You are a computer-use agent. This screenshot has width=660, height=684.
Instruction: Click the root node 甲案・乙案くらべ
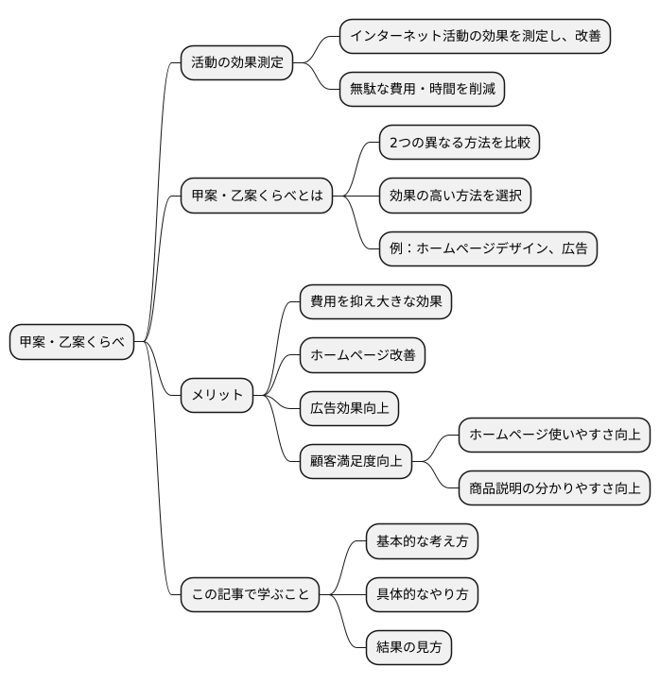click(x=72, y=342)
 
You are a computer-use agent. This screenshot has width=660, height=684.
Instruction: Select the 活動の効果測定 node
click(x=236, y=62)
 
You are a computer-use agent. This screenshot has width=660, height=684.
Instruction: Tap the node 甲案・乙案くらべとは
click(x=257, y=197)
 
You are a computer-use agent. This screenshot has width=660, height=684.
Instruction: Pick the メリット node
click(x=217, y=395)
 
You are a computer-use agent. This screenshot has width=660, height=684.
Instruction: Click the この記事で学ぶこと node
click(x=250, y=595)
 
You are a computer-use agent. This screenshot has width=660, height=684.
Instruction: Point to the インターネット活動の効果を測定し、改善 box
click(x=475, y=36)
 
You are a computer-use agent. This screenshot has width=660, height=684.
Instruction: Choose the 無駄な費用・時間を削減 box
click(x=422, y=89)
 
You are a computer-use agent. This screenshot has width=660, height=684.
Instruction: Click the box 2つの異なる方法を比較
click(x=460, y=144)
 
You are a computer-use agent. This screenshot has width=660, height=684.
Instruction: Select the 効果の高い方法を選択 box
click(x=455, y=197)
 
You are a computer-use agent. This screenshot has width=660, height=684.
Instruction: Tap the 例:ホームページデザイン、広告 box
click(x=488, y=249)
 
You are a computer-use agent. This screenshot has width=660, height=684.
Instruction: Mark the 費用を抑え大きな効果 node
click(x=375, y=301)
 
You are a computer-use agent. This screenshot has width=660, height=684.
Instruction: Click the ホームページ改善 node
click(x=362, y=355)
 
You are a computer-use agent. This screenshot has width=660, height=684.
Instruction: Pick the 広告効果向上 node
click(x=349, y=408)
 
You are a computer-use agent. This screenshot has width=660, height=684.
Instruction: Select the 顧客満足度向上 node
click(x=356, y=461)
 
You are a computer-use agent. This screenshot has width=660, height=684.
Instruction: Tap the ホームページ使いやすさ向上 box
click(x=555, y=435)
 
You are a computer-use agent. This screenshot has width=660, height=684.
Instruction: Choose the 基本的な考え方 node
click(x=422, y=541)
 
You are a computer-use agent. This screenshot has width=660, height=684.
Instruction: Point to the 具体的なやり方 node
click(x=422, y=595)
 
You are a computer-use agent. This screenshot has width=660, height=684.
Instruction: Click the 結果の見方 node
click(x=408, y=648)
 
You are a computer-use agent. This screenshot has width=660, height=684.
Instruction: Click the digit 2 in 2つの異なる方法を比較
click(x=394, y=144)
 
